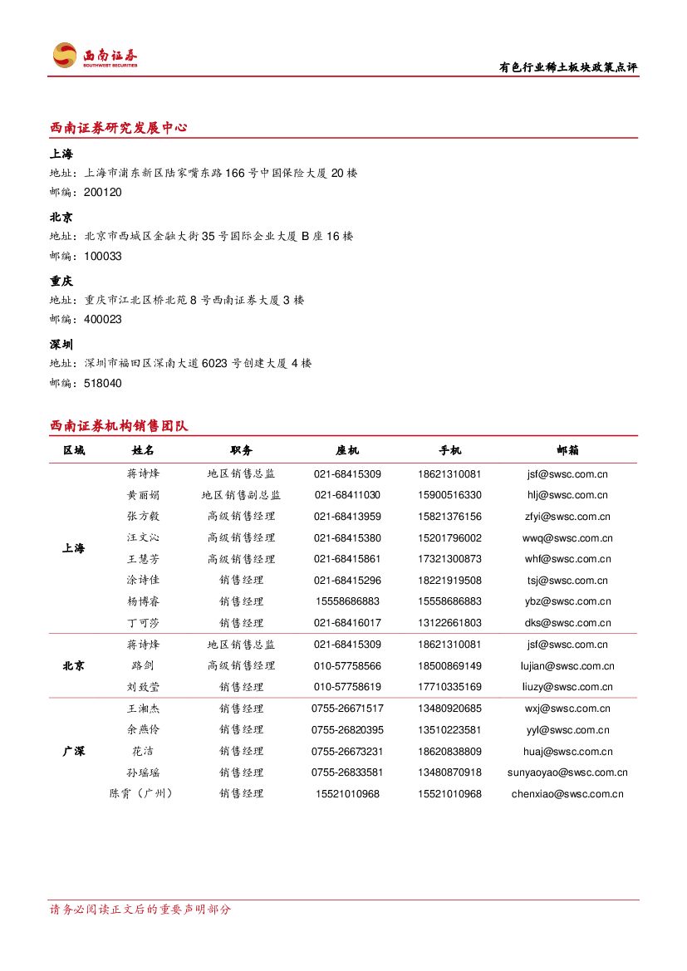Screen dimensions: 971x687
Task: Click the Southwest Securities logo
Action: (94, 56)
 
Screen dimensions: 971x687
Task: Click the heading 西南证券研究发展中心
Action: (119, 128)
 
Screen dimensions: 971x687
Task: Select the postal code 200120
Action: (103, 193)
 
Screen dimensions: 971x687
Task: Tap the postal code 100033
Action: (103, 257)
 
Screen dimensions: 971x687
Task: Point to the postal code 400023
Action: (103, 320)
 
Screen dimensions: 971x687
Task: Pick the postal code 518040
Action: (103, 384)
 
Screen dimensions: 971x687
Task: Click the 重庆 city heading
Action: (61, 282)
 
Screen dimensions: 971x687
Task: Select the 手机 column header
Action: (449, 450)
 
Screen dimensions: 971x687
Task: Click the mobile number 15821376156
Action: (449, 517)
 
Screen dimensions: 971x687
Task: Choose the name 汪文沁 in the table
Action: (143, 538)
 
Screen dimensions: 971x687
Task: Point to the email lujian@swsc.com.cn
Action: (567, 666)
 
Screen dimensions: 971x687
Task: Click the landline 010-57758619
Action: (347, 687)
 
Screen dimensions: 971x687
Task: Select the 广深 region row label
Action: (73, 751)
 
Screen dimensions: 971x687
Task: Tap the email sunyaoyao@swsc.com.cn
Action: (567, 772)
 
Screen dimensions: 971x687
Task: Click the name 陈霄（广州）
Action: (143, 794)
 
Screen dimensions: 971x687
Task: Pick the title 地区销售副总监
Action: (241, 495)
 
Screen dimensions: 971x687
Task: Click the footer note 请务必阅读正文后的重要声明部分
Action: (140, 910)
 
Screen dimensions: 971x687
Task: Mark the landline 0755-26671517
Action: (347, 709)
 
